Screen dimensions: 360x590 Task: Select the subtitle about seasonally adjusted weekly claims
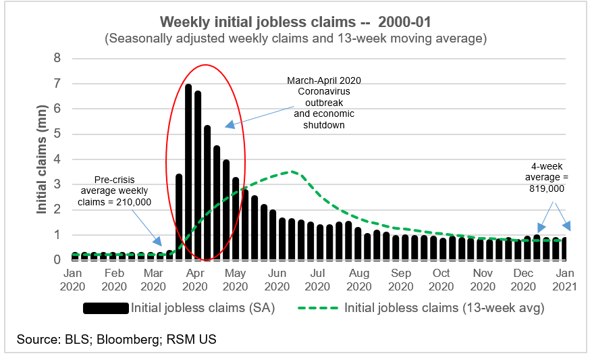(x=295, y=38)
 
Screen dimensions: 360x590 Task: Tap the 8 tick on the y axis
(x=57, y=59)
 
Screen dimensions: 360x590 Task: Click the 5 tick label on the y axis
(x=57, y=134)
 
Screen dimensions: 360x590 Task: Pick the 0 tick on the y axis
(x=57, y=260)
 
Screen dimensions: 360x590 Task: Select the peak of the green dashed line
(x=292, y=172)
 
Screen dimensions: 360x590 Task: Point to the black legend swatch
(x=105, y=309)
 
